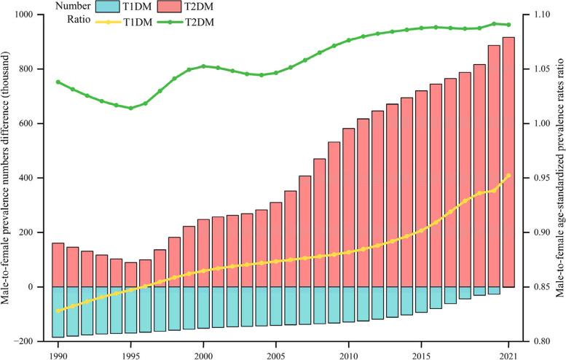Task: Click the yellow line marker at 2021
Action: coord(508,175)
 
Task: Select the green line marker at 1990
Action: coord(58,82)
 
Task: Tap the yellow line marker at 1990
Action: coord(58,310)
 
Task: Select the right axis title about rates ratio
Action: coord(559,178)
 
